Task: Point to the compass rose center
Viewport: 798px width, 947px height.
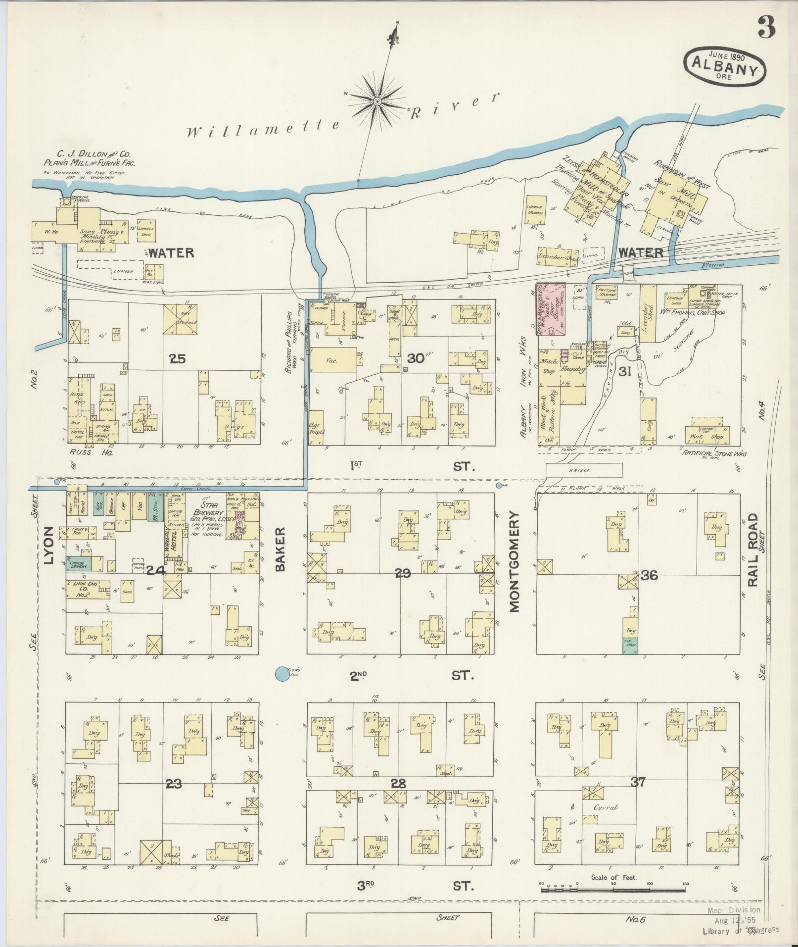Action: (x=377, y=101)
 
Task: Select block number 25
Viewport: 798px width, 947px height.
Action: (x=177, y=358)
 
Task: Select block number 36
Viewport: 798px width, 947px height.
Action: (x=649, y=575)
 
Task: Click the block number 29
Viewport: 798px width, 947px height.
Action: (x=403, y=573)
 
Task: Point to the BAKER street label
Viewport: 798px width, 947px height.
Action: (x=281, y=549)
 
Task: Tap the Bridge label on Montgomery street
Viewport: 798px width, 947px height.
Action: (x=584, y=470)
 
